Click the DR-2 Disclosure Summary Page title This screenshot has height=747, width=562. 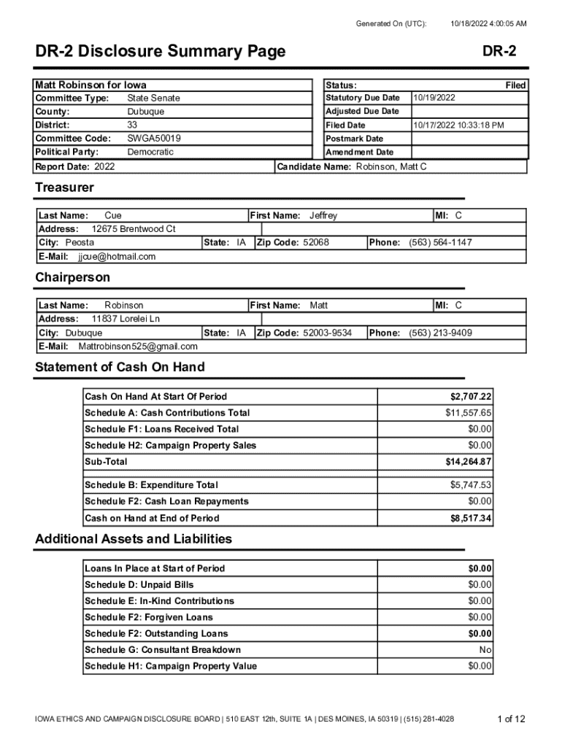point(161,52)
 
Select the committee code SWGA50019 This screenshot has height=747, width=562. point(154,139)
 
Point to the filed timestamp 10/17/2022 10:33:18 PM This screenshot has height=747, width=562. point(458,125)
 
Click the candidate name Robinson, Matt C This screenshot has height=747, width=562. point(390,167)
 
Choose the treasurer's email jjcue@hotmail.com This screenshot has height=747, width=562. point(117,257)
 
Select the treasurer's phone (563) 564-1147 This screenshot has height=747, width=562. point(440,242)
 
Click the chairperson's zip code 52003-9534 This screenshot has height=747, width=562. point(328,333)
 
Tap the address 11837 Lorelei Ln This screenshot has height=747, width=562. point(126,319)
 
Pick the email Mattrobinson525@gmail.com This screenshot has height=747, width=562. point(138,347)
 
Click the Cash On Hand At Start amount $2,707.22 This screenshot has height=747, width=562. point(471,397)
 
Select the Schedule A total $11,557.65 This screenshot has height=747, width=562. point(469,413)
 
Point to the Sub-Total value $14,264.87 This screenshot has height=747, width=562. point(469,462)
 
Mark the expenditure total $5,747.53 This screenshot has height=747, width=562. point(471,485)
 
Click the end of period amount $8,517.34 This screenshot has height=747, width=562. point(471,519)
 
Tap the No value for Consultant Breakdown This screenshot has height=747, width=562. point(485,650)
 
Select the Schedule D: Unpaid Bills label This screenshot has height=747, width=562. point(139,585)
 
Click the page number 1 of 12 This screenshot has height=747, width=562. point(511,719)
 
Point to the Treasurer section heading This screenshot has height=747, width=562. point(64,187)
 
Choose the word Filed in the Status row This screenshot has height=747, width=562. point(515,85)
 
